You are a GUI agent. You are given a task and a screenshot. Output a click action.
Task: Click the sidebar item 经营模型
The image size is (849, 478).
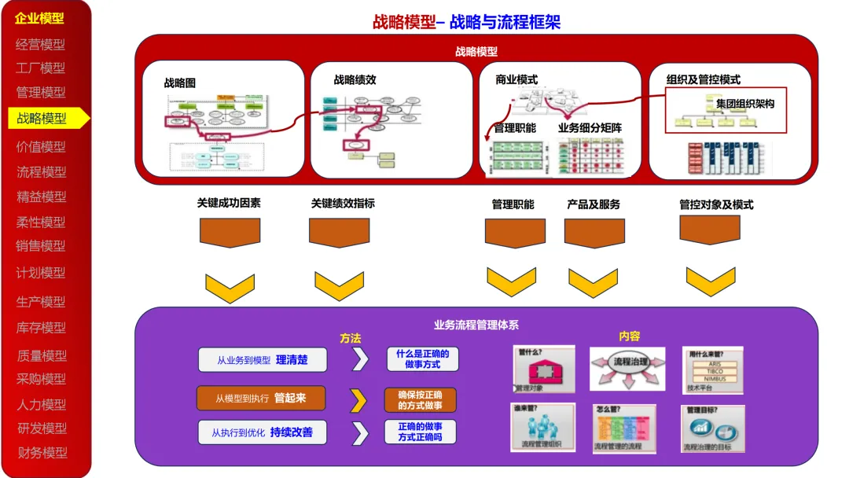[x=41, y=45]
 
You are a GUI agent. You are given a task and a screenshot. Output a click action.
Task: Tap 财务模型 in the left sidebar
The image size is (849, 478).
[x=42, y=453]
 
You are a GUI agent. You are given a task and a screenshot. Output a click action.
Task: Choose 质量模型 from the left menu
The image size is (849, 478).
[x=42, y=356]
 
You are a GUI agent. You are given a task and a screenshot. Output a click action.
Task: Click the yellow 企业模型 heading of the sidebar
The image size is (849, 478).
[x=39, y=18]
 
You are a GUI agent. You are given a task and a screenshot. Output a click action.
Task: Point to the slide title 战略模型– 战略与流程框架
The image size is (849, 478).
[x=467, y=22]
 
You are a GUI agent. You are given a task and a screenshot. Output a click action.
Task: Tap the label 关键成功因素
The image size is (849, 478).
[x=229, y=203]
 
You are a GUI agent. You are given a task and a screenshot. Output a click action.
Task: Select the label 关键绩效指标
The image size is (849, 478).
[x=343, y=203]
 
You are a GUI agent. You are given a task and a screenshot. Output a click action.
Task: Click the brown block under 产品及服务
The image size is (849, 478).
[x=594, y=233]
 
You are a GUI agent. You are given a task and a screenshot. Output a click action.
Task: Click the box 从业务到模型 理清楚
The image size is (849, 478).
[x=262, y=360]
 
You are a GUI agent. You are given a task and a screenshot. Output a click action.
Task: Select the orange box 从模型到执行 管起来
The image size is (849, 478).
[x=260, y=399]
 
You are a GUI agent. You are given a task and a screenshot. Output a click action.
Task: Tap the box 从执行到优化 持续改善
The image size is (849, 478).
[x=262, y=432]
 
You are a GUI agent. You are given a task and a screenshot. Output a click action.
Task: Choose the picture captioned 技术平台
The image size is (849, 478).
[x=713, y=370]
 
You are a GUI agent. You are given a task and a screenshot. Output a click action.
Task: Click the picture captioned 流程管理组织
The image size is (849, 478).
[x=542, y=427]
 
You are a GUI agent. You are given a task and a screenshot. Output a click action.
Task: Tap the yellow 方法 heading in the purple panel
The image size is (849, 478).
[x=351, y=338]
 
